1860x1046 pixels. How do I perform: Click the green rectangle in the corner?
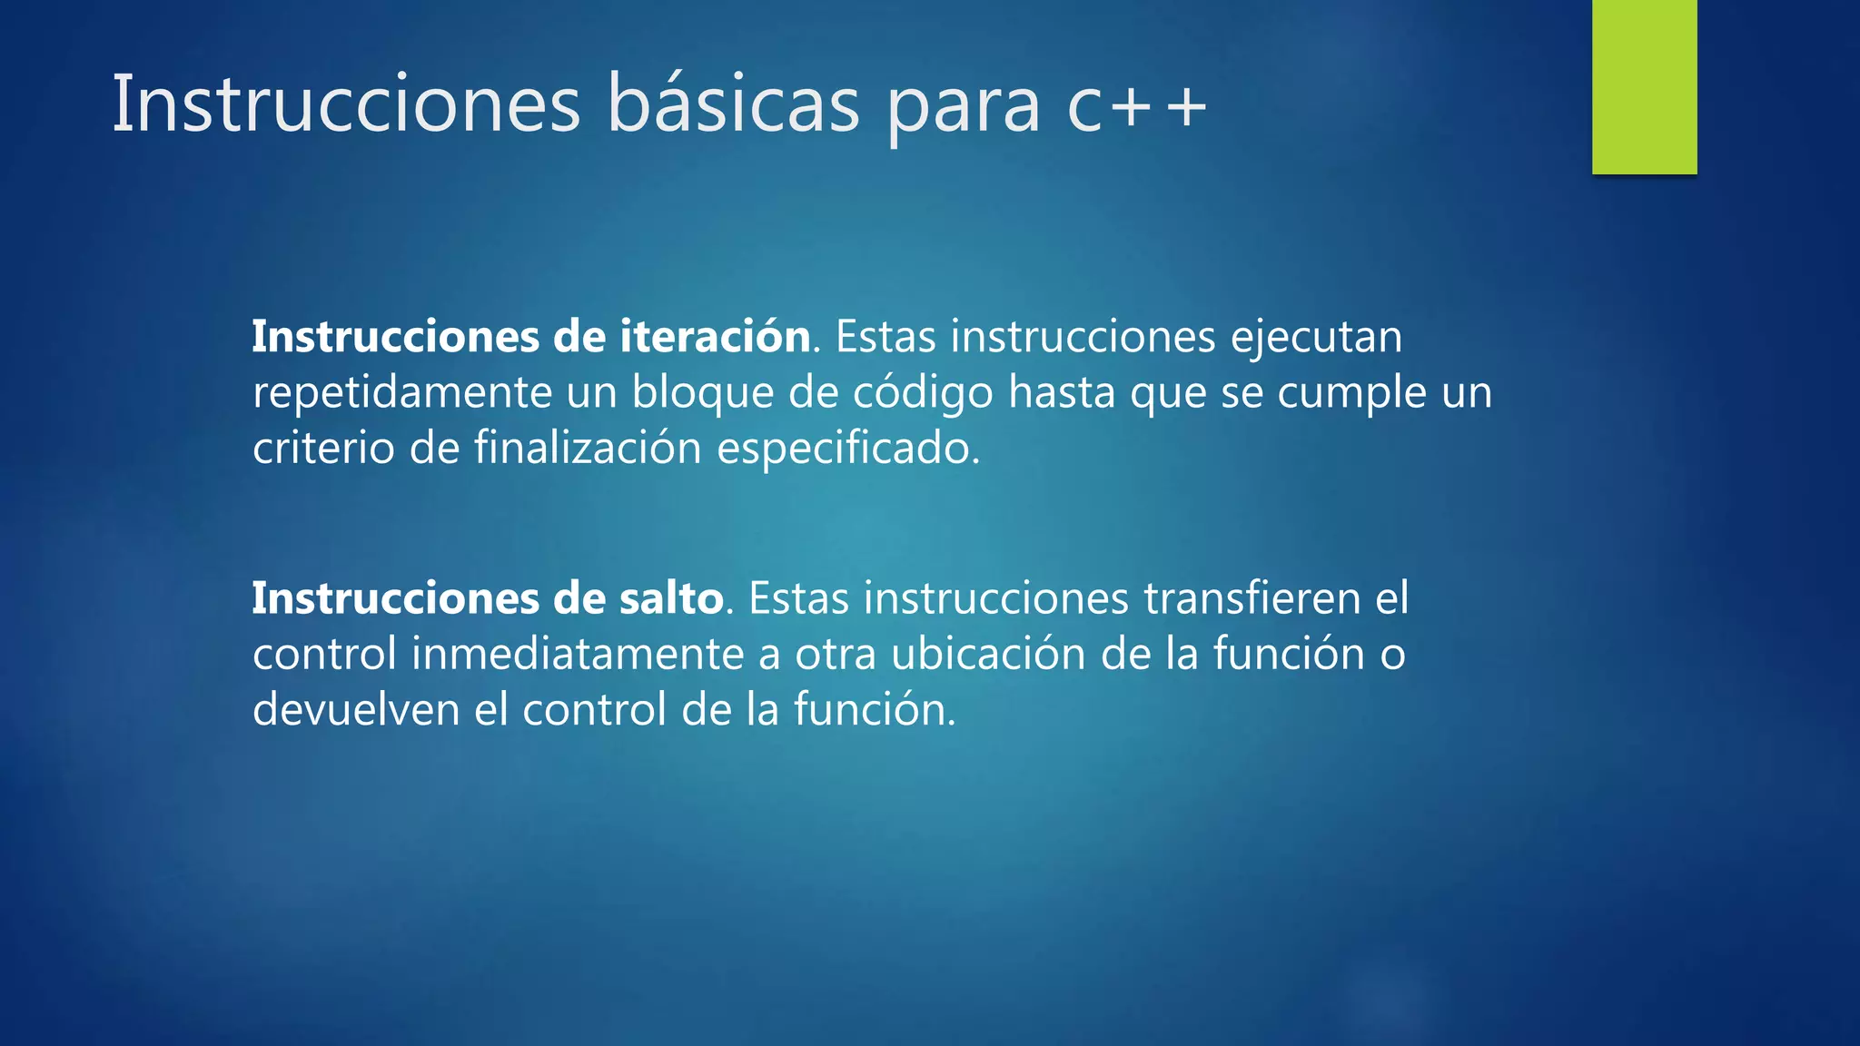click(1644, 87)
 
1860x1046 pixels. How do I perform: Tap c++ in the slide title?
click(1136, 106)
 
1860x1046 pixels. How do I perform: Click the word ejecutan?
click(1316, 338)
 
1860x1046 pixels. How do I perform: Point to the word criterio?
click(323, 449)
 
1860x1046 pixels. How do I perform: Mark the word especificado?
click(848, 449)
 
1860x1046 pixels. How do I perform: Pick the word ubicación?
click(987, 655)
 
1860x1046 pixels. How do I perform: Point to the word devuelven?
click(356, 710)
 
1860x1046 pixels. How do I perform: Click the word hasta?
click(1062, 393)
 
